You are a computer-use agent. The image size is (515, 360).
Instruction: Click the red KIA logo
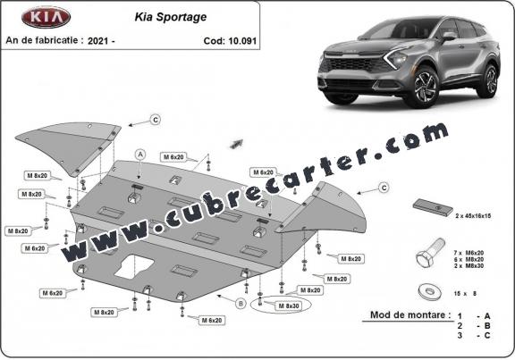pos(46,17)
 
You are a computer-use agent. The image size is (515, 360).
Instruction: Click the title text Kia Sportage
pos(171,17)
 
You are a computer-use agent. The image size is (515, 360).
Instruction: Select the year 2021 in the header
pos(97,41)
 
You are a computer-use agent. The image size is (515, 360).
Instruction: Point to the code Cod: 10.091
pos(230,41)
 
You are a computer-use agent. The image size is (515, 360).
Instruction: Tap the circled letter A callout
pos(140,155)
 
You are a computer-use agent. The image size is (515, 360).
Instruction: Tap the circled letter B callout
pos(241,304)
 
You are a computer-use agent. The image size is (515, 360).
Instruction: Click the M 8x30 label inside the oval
pos(289,306)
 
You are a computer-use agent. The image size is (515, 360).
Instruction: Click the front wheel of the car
pos(421,87)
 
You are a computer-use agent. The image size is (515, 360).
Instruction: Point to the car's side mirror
pos(448,37)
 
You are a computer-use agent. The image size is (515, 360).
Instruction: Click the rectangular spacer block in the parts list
pos(433,208)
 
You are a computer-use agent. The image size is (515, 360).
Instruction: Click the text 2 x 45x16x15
pos(473,216)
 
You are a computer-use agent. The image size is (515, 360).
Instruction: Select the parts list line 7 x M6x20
pos(469,253)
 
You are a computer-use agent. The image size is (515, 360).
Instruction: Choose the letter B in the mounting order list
pos(486,326)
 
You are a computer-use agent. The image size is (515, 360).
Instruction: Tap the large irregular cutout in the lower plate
pos(134,266)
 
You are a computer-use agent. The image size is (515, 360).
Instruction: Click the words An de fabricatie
pos(42,40)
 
